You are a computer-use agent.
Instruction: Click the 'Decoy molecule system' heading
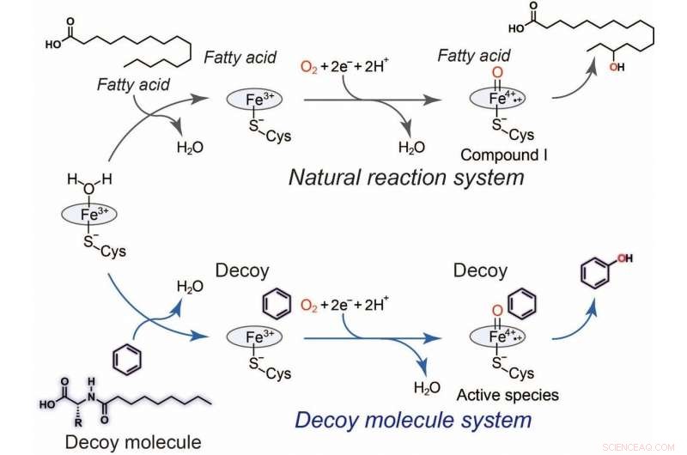[x=412, y=421]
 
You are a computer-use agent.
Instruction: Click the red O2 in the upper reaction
[x=310, y=65]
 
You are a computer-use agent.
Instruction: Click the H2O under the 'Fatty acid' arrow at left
[x=190, y=147]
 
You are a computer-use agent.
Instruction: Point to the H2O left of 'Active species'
[x=427, y=388]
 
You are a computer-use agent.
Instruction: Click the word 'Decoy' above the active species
[x=481, y=271]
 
